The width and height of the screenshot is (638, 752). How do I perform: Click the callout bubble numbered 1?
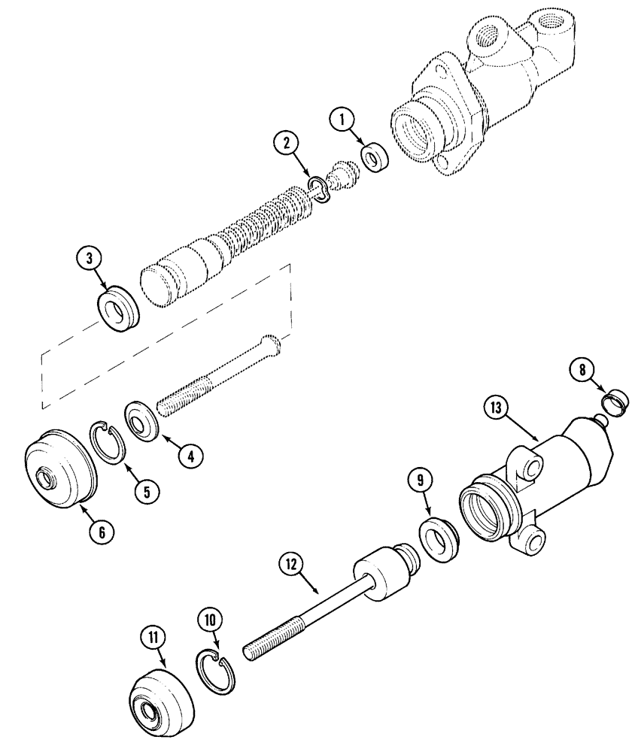point(343,119)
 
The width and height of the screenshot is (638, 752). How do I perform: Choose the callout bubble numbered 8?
point(579,369)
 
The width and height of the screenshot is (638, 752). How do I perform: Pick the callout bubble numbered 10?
point(210,620)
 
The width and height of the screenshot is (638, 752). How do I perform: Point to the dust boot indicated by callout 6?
point(61,468)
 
